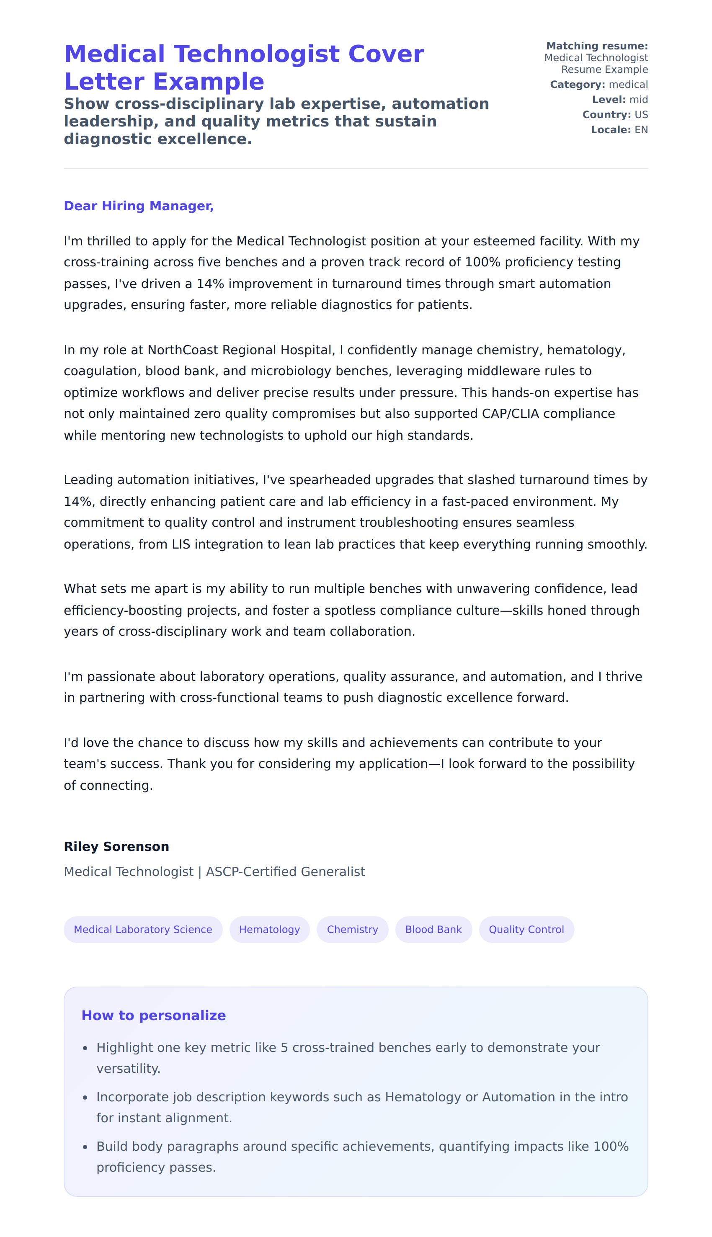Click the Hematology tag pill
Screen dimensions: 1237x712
[269, 930]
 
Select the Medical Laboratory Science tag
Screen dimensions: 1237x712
[143, 930]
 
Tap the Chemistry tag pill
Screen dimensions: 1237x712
[352, 930]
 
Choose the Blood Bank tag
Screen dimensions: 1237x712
[433, 930]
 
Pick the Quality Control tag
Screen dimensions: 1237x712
[526, 930]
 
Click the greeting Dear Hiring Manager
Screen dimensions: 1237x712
[139, 206]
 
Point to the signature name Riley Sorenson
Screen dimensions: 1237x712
[116, 846]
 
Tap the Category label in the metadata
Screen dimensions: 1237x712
[577, 85]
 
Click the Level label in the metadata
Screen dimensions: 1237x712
[608, 100]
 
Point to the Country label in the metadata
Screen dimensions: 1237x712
[606, 115]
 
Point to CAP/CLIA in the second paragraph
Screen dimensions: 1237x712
[510, 414]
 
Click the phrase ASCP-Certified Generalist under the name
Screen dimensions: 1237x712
[285, 872]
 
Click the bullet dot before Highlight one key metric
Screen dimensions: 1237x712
[85, 1048]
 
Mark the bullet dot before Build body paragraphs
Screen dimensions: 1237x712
[85, 1147]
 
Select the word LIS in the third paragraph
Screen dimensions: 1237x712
[181, 544]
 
